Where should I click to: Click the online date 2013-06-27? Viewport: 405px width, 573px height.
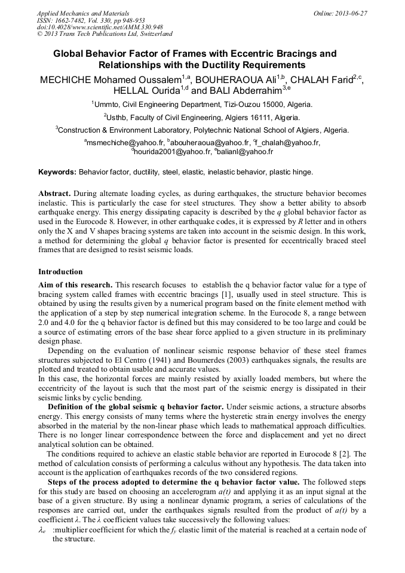[x=351, y=13]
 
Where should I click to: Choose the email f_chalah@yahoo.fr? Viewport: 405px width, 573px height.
[x=288, y=143]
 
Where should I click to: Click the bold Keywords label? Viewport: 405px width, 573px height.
[x=57, y=172]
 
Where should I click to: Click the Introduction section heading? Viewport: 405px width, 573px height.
[x=60, y=272]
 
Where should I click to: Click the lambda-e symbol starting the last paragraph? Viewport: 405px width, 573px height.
[x=42, y=531]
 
